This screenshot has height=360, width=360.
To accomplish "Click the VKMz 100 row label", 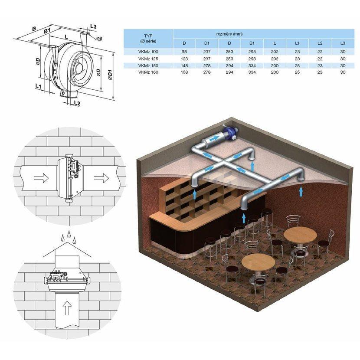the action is (x=148, y=52).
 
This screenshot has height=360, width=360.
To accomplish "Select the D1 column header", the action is (x=207, y=43).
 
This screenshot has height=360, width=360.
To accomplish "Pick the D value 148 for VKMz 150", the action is (x=184, y=65).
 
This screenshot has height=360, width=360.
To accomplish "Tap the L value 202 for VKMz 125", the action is (x=275, y=59).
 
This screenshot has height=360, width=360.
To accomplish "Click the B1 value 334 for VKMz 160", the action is (x=252, y=72).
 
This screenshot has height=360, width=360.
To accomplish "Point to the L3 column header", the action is (x=343, y=43).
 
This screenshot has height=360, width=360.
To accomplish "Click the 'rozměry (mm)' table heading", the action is (x=229, y=34).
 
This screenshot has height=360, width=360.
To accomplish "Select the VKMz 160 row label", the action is (x=148, y=72).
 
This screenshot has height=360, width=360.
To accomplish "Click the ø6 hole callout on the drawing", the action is (x=99, y=38).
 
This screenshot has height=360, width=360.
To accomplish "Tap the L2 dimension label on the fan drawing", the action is (x=77, y=103).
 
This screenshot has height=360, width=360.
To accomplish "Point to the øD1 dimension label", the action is (x=110, y=75).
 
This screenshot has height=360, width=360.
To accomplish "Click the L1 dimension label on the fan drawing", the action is (x=38, y=86).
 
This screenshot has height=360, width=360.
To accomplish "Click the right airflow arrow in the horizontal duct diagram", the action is (x=101, y=177).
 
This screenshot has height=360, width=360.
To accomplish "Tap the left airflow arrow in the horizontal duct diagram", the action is (x=41, y=178).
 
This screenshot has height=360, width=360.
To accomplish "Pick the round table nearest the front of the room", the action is (x=259, y=263).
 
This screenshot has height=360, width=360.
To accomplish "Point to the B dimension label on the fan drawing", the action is (x=34, y=29).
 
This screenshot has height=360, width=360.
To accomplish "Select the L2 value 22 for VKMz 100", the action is (x=320, y=52).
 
